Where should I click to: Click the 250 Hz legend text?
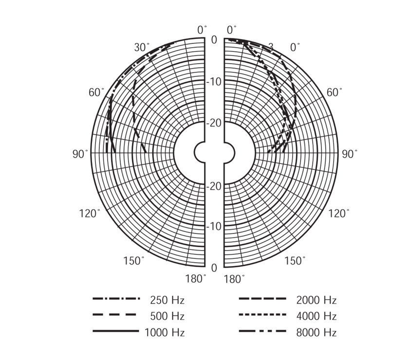[x=167, y=300]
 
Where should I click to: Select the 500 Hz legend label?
[x=167, y=316]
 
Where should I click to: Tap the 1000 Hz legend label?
[x=165, y=333]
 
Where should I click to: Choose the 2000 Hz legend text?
[x=316, y=300]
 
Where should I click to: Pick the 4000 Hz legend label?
[x=316, y=316]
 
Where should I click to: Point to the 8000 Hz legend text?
[x=316, y=333]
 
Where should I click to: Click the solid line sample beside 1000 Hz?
[x=116, y=331]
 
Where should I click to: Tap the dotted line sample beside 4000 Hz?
[x=262, y=315]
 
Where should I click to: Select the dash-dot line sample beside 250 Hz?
[x=116, y=299]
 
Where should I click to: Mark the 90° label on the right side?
[x=350, y=154]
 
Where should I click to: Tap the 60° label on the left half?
[x=96, y=92]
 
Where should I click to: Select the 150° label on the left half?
[x=133, y=260]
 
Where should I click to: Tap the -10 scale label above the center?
[x=214, y=81]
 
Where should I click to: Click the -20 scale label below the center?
[x=214, y=186]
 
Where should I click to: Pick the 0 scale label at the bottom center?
[x=214, y=268]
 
